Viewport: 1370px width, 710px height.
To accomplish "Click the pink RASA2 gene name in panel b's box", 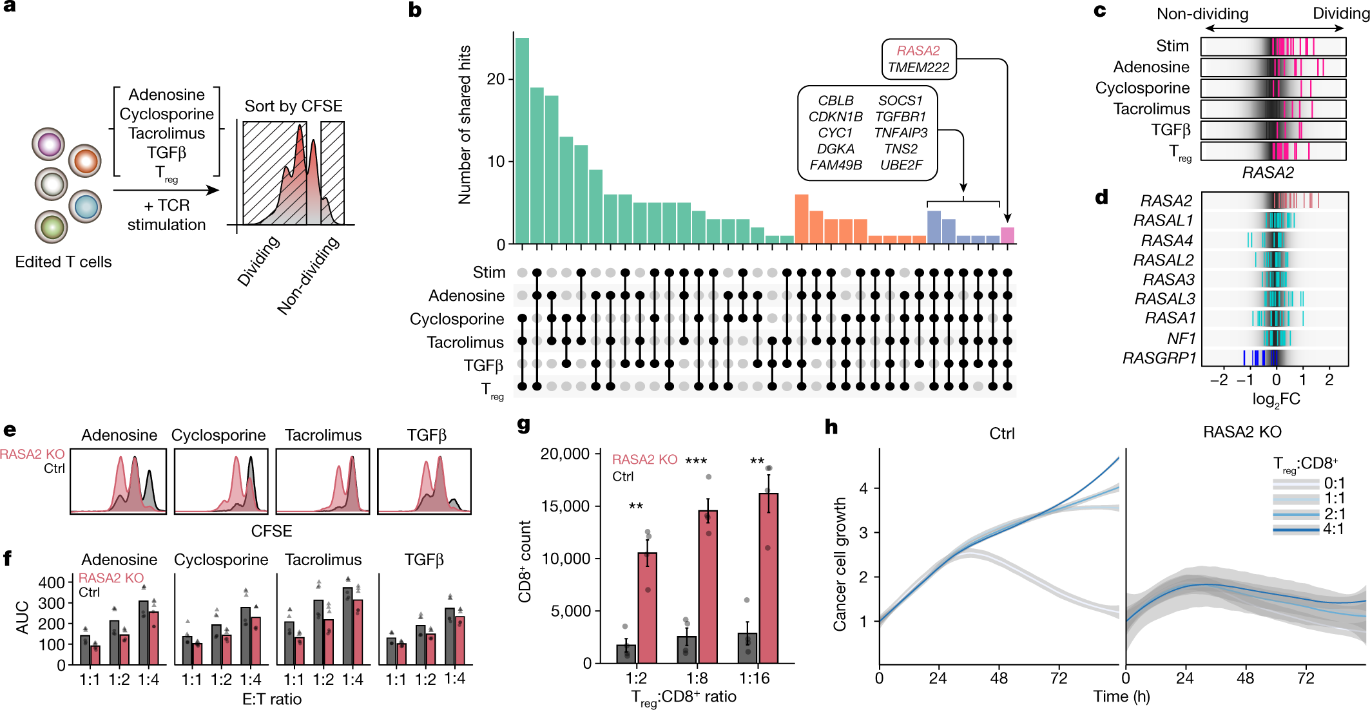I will (x=918, y=51).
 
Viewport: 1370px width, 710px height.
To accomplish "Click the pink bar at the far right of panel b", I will (x=1007, y=235).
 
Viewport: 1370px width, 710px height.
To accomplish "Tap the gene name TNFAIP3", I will (x=900, y=133).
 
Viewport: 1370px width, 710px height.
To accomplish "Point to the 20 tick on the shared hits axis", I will (x=496, y=79).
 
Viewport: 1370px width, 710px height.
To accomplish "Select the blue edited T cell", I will (x=86, y=207).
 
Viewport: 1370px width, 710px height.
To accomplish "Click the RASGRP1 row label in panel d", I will (x=1159, y=358).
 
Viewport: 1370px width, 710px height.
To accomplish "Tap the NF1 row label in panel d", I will (x=1181, y=339).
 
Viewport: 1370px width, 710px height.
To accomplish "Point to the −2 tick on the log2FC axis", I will (x=1219, y=380).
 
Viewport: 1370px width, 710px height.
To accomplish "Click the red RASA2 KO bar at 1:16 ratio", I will (x=768, y=578).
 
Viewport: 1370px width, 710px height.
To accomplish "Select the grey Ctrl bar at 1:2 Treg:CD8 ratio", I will (x=626, y=653).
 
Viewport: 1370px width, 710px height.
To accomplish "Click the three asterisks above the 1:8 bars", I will (x=696, y=461).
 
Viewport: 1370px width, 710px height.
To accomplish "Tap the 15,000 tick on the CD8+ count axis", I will (x=565, y=506).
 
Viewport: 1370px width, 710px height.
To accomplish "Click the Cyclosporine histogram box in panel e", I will (x=220, y=481).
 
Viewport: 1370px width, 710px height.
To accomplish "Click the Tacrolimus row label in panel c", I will (x=1152, y=109).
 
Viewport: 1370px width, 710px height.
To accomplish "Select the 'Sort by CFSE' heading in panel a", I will (x=293, y=106).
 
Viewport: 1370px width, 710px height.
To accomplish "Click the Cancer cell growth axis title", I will (x=840, y=564).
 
